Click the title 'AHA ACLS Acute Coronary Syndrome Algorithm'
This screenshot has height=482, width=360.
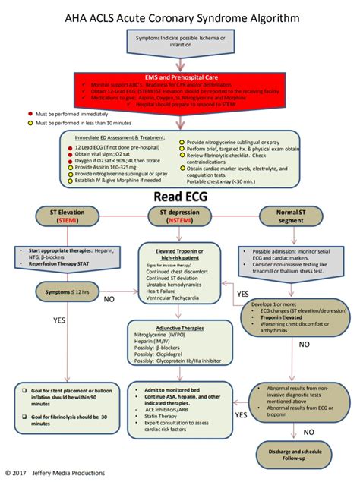179,16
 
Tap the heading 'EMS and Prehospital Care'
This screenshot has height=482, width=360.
179,77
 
